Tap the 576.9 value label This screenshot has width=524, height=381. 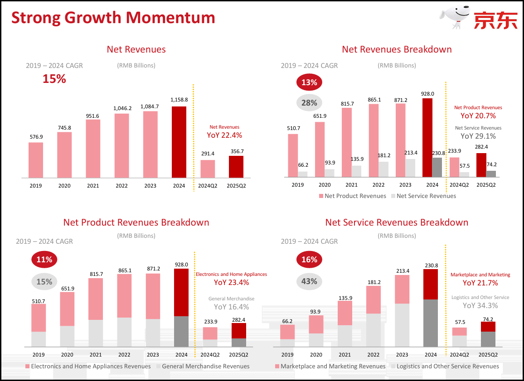click(x=35, y=136)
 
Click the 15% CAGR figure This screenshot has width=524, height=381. click(x=54, y=79)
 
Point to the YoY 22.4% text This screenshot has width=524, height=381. click(x=224, y=135)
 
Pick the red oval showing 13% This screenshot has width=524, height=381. click(x=309, y=82)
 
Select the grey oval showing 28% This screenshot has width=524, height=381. click(x=309, y=103)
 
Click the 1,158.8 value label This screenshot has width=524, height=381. click(x=179, y=100)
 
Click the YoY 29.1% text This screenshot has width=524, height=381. click(x=478, y=136)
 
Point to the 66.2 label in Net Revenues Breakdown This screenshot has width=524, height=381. click(x=303, y=165)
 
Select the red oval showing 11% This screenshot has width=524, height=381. click(x=44, y=260)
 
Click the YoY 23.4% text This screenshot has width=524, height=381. click(x=231, y=283)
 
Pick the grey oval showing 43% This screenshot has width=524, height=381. click(x=309, y=281)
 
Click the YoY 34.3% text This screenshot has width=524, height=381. click(x=480, y=306)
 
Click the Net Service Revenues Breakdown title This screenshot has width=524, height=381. click(x=397, y=222)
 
